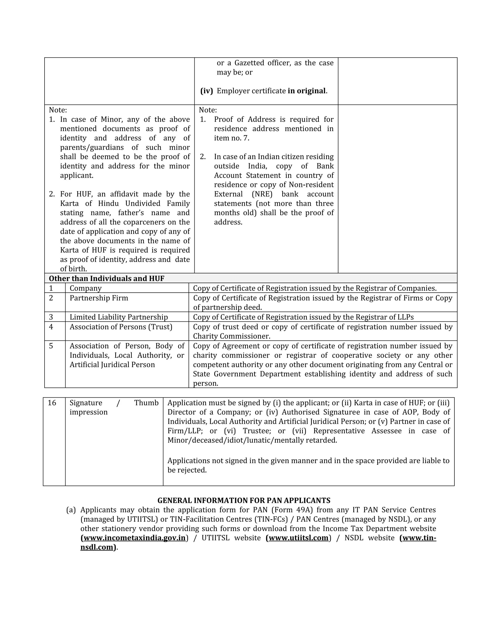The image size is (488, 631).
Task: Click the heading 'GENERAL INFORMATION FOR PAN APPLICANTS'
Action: coord(244,500)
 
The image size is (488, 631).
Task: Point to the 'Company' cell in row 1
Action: coord(86,288)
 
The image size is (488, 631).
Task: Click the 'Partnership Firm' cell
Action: coord(99,298)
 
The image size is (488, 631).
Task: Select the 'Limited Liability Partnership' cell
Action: coord(118,317)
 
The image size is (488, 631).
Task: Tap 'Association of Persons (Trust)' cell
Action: coord(121,327)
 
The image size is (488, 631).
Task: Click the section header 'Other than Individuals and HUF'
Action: coord(106,278)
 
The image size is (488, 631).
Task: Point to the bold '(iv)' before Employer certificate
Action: coord(206,91)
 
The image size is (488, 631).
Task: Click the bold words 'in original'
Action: coord(306,91)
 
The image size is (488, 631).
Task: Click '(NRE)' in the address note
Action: coord(262,194)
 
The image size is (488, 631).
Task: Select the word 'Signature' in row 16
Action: coord(86,403)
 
